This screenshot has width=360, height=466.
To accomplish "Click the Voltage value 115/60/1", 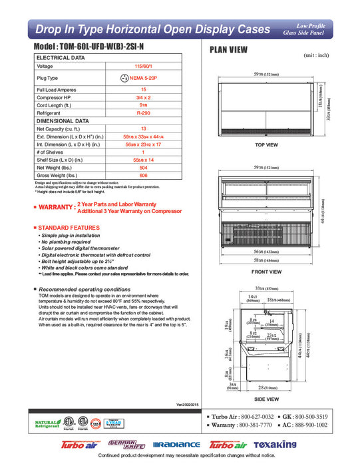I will coord(143,67).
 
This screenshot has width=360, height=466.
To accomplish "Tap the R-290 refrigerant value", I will coord(143,113).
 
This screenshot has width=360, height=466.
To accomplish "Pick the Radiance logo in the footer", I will coord(176,444).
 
